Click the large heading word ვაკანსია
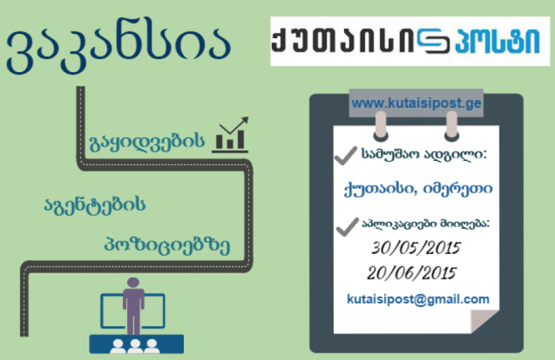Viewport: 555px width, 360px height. (119, 49)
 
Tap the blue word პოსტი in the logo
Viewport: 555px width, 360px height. (497, 40)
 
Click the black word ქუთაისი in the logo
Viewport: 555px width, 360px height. (343, 40)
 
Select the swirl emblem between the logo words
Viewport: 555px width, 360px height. (434, 41)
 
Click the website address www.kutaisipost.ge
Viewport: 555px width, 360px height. (416, 103)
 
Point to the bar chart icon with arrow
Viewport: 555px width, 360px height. (230, 135)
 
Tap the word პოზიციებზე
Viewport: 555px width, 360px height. (167, 245)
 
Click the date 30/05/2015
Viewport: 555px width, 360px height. (416, 248)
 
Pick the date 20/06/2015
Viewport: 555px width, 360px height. (411, 273)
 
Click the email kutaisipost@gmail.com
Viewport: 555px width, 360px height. (418, 300)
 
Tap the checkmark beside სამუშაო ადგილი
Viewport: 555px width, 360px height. (345, 156)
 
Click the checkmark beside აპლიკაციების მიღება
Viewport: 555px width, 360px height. (348, 227)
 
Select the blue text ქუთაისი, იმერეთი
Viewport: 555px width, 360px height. (418, 189)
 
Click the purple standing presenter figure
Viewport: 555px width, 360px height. (133, 306)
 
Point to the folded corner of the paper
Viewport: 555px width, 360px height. (484, 321)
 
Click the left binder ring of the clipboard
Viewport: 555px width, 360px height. (381, 126)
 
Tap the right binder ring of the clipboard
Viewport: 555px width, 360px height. (452, 126)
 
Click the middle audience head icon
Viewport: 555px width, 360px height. (135, 346)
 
